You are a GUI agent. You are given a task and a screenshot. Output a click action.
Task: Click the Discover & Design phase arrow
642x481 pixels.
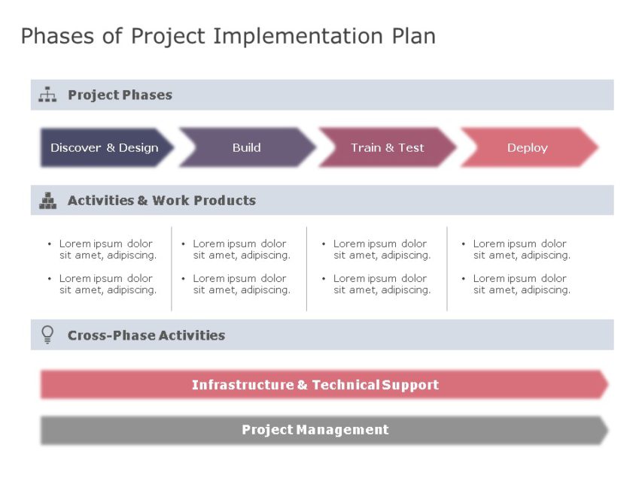(105, 147)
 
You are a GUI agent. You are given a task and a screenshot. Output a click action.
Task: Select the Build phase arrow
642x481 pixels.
(246, 147)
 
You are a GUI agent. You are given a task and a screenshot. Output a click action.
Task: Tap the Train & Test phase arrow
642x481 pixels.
(387, 147)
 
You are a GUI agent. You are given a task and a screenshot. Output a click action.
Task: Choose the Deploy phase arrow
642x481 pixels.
(527, 147)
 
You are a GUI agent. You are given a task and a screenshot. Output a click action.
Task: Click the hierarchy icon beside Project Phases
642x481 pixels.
(47, 95)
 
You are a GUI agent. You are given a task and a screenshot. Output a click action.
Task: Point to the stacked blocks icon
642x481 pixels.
(47, 201)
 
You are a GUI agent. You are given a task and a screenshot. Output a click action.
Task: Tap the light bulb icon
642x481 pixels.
(47, 334)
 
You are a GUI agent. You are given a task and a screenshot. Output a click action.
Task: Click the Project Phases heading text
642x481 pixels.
(120, 95)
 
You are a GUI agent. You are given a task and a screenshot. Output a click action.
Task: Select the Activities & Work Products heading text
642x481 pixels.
(161, 201)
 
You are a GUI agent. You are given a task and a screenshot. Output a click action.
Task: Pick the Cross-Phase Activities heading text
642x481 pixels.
(146, 335)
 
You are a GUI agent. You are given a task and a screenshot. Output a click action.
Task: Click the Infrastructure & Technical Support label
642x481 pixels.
(315, 385)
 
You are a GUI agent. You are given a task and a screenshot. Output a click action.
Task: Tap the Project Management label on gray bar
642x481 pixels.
(315, 430)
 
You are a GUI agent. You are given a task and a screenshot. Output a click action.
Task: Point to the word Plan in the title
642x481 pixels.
(412, 36)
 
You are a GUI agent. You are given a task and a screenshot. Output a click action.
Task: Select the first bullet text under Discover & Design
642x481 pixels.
(108, 250)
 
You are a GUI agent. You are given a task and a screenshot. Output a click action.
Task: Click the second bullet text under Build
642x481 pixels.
(241, 284)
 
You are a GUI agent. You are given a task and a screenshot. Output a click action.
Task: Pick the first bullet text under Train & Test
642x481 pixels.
(382, 250)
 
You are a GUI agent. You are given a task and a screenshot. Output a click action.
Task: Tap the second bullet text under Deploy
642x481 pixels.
(521, 284)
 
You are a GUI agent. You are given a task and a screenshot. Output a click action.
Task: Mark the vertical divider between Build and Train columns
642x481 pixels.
(306, 268)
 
